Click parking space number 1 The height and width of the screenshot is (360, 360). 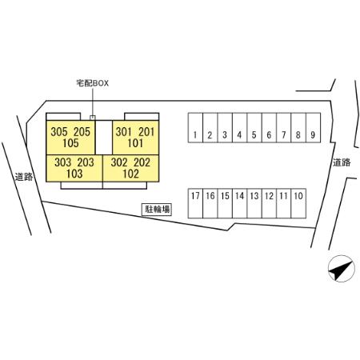[x=195, y=128]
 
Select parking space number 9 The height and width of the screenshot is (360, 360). [x=313, y=128]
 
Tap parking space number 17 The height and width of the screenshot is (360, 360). [x=195, y=203]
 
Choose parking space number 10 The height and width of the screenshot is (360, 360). [x=298, y=203]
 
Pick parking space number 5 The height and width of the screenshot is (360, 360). [x=254, y=128]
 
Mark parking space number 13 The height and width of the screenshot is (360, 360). [x=254, y=203]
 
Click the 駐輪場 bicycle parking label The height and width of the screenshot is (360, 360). [x=157, y=210]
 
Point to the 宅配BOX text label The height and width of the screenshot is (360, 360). [x=93, y=83]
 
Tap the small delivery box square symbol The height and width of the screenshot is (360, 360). [x=93, y=118]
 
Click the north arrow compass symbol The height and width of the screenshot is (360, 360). [x=342, y=269]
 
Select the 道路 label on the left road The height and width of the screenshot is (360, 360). [x=24, y=177]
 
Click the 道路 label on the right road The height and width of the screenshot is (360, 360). [x=342, y=162]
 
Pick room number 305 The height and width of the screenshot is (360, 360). [x=59, y=132]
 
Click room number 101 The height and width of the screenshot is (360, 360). [x=135, y=143]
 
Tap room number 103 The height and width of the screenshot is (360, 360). [x=74, y=174]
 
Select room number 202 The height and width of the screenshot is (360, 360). [x=142, y=162]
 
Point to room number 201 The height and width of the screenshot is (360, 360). [x=146, y=132]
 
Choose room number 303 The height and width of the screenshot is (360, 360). [x=63, y=162]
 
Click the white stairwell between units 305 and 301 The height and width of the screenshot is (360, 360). [x=104, y=138]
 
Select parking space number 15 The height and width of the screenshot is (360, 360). [x=225, y=203]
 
